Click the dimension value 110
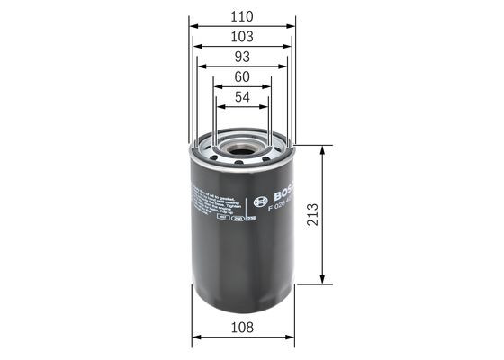pyautogui.click(x=241, y=15)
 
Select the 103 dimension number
pyautogui.click(x=241, y=37)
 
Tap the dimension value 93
pyautogui.click(x=241, y=58)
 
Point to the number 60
pyautogui.click(x=241, y=78)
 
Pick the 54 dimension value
pyautogui.click(x=241, y=98)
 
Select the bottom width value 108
pyautogui.click(x=241, y=328)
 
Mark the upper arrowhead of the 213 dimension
pyautogui.click(x=323, y=154)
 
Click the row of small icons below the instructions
pyautogui.click(x=237, y=217)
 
